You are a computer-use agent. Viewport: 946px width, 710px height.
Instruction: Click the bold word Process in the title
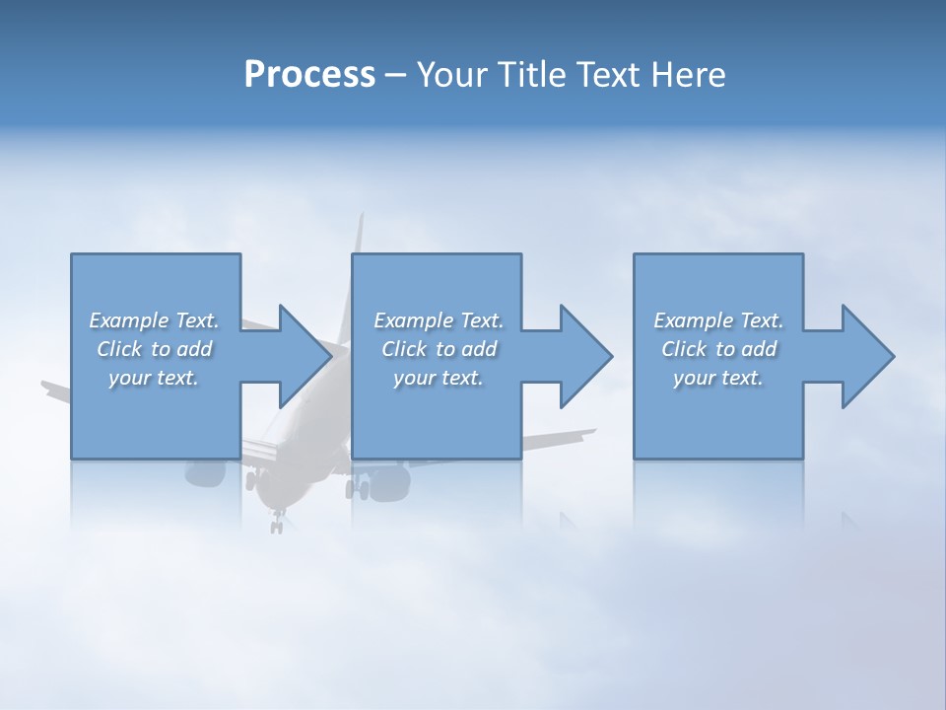click(309, 75)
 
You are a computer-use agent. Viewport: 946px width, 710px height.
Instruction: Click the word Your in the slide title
click(450, 75)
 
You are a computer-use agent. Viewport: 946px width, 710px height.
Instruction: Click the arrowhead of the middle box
click(585, 356)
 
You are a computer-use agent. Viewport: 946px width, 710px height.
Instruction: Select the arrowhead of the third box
click(867, 356)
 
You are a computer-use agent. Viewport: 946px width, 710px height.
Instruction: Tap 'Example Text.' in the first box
click(154, 320)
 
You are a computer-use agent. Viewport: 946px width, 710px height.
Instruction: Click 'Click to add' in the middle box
click(439, 349)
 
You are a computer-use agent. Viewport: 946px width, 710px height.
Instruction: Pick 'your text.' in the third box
click(718, 378)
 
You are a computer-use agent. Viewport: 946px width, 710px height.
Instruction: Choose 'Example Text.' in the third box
click(718, 320)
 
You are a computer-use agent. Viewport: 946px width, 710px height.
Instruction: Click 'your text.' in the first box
click(154, 378)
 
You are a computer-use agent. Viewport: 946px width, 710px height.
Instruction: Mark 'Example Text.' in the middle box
click(439, 320)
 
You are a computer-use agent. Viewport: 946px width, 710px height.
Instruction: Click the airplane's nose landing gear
click(277, 520)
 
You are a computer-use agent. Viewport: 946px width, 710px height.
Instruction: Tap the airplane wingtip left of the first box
click(49, 386)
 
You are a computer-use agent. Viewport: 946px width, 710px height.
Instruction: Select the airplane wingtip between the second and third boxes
click(587, 431)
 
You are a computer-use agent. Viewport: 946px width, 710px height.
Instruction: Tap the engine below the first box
click(204, 473)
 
